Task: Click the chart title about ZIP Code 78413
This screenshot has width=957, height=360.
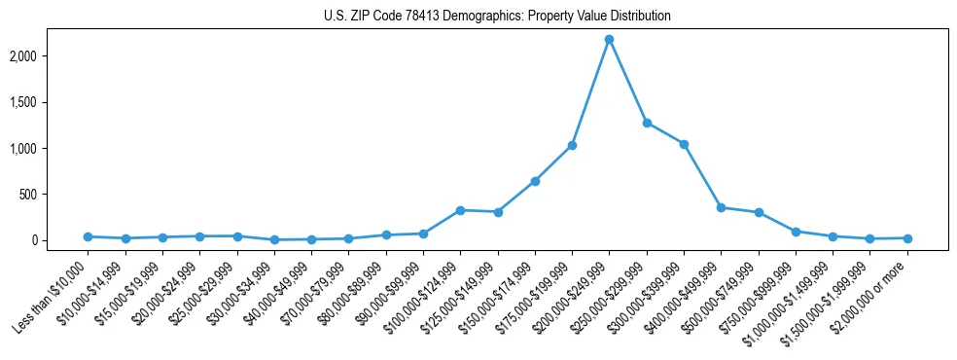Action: tap(497, 17)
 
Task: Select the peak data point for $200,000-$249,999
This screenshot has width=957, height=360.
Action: tap(609, 39)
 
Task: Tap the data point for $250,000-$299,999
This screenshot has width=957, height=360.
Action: tap(647, 123)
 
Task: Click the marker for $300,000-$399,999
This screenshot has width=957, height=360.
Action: tap(684, 144)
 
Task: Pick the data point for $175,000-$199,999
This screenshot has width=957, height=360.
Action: tap(572, 145)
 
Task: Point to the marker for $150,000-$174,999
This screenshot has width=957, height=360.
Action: tap(535, 181)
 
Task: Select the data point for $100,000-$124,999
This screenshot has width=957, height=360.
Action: tap(460, 210)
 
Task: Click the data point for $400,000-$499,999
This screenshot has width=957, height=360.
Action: tap(721, 207)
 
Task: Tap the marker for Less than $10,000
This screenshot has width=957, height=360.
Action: tap(88, 236)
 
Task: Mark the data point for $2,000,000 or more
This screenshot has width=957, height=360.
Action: tap(907, 238)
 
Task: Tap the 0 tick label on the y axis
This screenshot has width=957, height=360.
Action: tap(60, 240)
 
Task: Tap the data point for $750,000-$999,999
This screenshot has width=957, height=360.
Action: tap(796, 232)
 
